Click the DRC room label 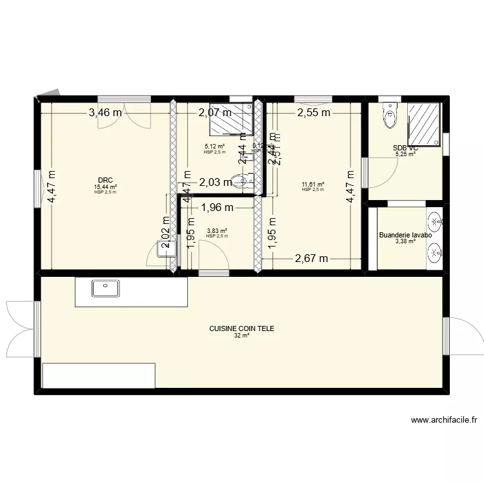click(105, 180)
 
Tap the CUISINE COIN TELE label click(241, 328)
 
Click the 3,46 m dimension click(105, 113)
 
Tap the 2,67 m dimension click(312, 259)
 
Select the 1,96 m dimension click(217, 208)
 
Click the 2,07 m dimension click(214, 113)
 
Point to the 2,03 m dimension click(215, 183)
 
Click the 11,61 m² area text click(313, 185)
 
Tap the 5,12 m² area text click(214, 146)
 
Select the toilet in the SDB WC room click(390, 116)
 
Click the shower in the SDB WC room click(425, 123)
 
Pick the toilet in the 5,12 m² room click(243, 181)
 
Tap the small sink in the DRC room click(166, 250)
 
